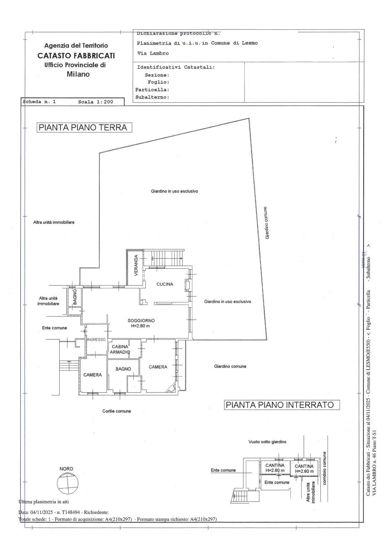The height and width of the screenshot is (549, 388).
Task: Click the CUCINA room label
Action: [165, 284]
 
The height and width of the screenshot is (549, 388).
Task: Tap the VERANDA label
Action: [136, 265]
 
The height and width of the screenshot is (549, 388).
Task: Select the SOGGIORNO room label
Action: [141, 320]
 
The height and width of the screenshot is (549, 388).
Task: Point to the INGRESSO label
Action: [96, 340]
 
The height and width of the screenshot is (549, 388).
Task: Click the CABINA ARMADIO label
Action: [120, 349]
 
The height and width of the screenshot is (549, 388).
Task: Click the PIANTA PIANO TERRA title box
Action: [84, 128]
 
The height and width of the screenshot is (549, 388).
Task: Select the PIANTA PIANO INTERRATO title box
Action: [282, 405]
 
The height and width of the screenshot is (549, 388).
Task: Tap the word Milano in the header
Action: [78, 74]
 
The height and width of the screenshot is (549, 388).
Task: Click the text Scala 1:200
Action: [95, 102]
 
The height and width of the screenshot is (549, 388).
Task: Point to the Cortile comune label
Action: [116, 411]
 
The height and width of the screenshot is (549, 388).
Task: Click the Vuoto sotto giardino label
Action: [267, 442]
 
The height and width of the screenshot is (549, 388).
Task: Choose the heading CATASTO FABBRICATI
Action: [76, 56]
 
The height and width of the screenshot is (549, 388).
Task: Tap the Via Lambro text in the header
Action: [153, 53]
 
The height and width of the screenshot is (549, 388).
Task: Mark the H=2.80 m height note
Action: [140, 326]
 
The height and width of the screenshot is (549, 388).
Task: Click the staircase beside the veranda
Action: [163, 258]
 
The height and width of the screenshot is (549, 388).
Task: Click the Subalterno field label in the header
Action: [152, 97]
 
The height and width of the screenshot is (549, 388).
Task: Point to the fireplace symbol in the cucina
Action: [187, 285]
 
